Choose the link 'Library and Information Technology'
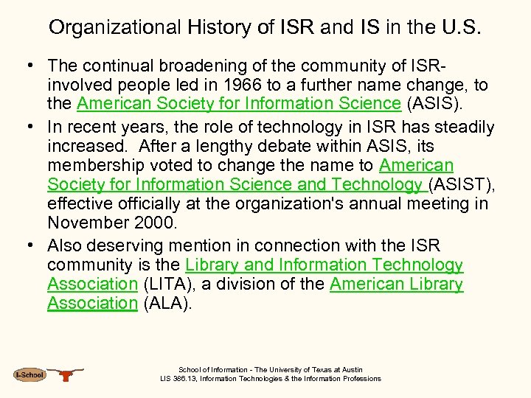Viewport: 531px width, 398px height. pyautogui.click(x=324, y=265)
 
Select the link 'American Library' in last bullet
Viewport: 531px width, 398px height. pyautogui.click(x=396, y=284)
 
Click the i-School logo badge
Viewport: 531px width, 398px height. pyautogui.click(x=30, y=375)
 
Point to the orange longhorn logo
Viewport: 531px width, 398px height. pyautogui.click(x=66, y=374)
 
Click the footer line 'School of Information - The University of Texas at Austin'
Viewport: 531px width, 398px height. pyautogui.click(x=271, y=370)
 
